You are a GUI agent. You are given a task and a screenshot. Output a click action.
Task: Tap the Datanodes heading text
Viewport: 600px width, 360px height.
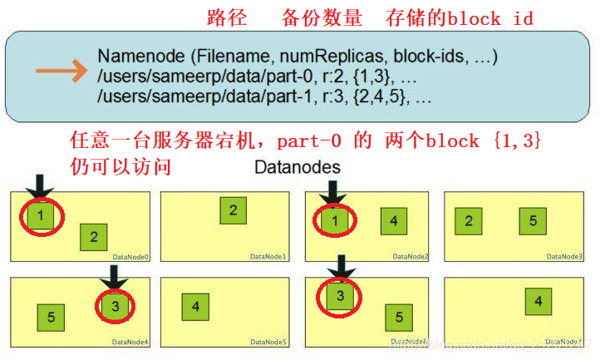click(297, 167)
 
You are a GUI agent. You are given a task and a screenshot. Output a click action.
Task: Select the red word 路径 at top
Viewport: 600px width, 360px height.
click(223, 18)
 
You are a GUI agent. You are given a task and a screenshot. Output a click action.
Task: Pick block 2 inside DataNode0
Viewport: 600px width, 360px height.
click(94, 238)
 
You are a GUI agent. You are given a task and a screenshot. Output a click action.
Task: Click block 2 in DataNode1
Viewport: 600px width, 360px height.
click(234, 211)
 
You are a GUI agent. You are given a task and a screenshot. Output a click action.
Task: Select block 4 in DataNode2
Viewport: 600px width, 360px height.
click(394, 221)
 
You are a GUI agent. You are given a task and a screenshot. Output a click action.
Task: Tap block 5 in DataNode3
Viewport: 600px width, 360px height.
click(533, 221)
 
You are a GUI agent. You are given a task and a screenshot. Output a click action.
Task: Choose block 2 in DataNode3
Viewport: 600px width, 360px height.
click(469, 221)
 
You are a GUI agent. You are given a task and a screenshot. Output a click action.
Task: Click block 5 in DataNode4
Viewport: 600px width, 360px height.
click(51, 317)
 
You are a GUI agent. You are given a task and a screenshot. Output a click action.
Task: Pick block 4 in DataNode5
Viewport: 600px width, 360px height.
click(195, 308)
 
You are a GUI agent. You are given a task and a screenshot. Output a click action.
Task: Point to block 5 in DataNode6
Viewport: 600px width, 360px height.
click(399, 317)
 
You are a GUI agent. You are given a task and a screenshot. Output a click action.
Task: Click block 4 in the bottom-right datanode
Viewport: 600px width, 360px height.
click(539, 301)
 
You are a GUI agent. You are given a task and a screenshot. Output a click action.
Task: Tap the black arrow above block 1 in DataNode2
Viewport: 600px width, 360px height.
click(332, 192)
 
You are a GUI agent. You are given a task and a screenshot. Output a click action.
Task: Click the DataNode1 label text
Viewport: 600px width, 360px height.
click(268, 257)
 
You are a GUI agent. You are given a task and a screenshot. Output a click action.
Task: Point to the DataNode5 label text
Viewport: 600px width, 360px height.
click(268, 342)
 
